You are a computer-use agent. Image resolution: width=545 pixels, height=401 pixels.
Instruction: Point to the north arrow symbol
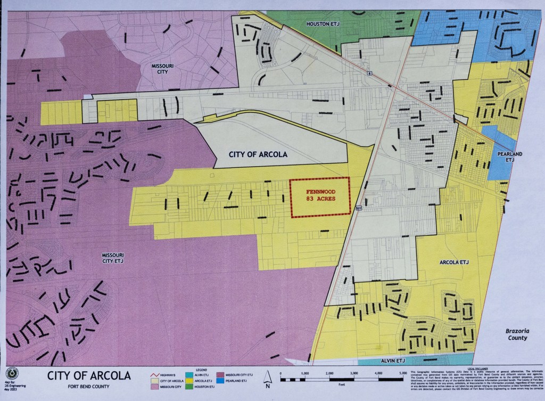click(x=268, y=381)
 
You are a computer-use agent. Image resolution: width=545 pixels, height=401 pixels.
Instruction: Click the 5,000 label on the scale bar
click(x=402, y=374)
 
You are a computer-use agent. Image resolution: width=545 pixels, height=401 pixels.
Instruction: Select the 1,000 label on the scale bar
click(x=305, y=374)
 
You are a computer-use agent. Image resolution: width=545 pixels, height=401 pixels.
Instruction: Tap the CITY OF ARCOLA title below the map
click(x=88, y=376)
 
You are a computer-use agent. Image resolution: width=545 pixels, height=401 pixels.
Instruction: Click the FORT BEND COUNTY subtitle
click(x=89, y=387)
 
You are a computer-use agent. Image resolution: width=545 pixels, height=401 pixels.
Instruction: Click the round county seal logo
click(x=11, y=374)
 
